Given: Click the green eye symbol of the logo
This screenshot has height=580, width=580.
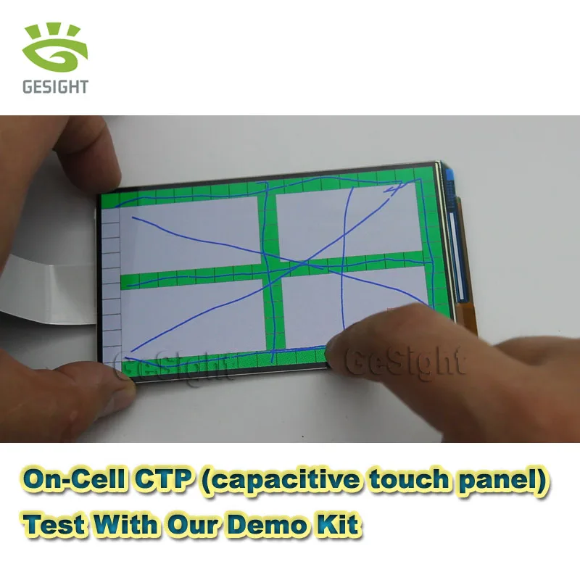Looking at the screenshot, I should click(x=55, y=51).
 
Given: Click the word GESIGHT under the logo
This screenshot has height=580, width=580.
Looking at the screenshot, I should click(x=55, y=87).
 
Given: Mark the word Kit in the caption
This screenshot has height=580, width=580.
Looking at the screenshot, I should click(x=339, y=523).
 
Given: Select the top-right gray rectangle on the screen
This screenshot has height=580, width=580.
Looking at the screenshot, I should click(x=348, y=221).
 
